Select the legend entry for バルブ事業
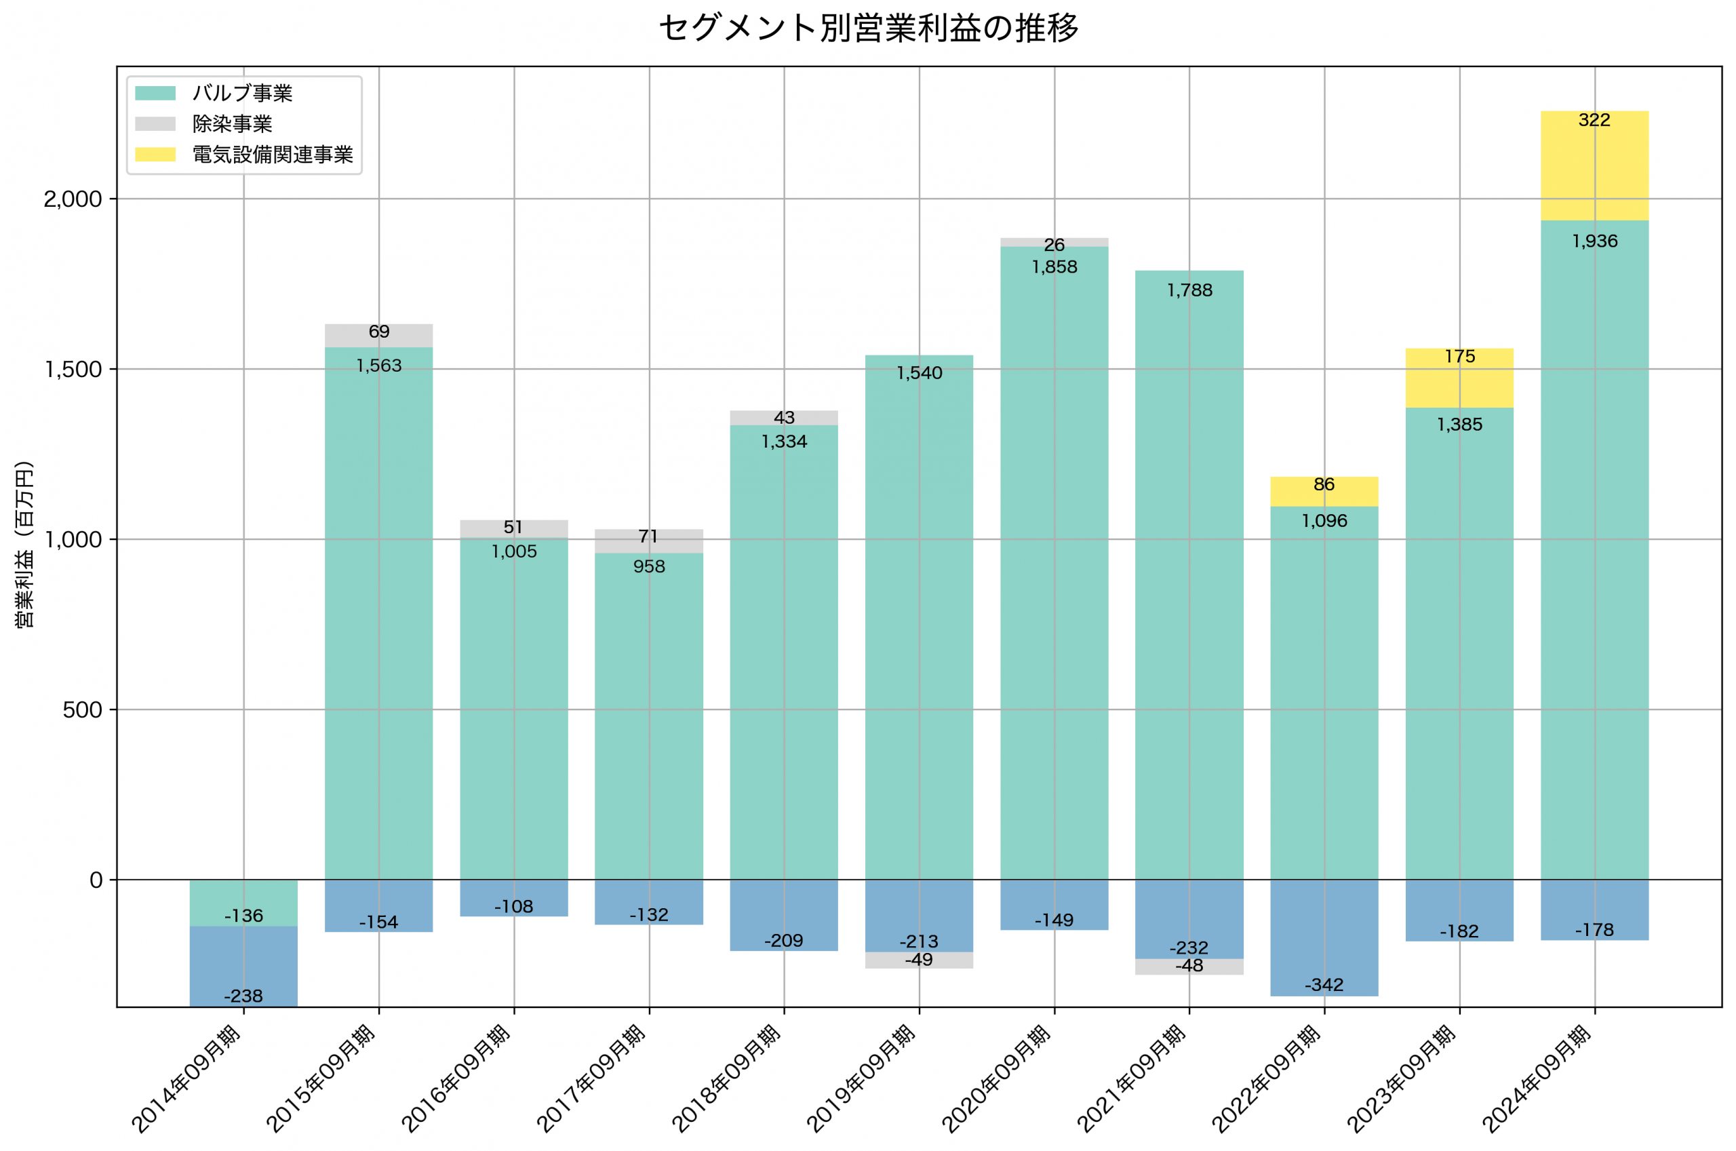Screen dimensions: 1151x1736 tap(242, 93)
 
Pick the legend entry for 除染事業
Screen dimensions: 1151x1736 tap(232, 124)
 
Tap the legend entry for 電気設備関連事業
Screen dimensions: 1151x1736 tap(272, 155)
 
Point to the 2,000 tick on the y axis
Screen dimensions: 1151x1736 tap(72, 199)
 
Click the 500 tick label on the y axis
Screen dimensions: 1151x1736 tap(82, 710)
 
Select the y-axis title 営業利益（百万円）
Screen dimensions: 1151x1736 tap(24, 544)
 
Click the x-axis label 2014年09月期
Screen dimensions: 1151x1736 tap(187, 1078)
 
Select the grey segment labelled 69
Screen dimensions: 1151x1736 tap(378, 336)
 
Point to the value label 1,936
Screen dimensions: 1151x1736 tap(1594, 241)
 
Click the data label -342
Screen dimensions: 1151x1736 tap(1324, 985)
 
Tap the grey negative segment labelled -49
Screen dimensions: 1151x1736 tap(919, 961)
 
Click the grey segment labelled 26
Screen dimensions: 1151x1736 tap(1054, 242)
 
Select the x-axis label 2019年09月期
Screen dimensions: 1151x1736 tap(862, 1078)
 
